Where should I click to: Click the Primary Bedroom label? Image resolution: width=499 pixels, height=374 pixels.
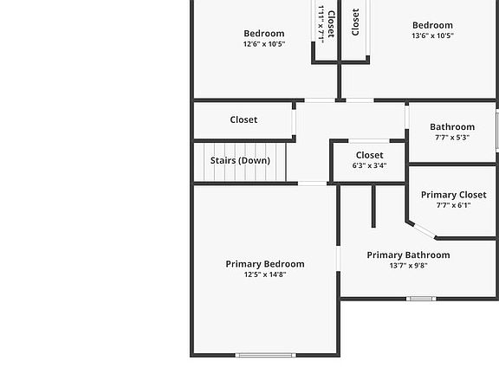(265, 264)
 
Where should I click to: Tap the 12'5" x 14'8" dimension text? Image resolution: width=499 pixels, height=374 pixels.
(265, 274)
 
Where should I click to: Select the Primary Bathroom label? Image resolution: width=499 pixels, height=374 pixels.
(408, 255)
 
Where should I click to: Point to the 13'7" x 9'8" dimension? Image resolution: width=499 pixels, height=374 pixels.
(408, 266)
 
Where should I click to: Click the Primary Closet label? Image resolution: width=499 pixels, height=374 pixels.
(453, 195)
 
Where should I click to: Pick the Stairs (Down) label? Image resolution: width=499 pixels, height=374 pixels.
(240, 161)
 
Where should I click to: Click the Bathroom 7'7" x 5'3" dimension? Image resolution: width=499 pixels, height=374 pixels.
(452, 138)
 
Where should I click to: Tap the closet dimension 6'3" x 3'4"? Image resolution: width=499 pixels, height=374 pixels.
(369, 165)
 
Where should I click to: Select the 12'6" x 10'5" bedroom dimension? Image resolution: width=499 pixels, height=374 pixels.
(264, 44)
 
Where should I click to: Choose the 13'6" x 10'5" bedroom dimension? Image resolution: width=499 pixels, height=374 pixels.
(432, 35)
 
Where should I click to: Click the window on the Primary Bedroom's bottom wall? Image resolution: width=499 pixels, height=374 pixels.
(265, 355)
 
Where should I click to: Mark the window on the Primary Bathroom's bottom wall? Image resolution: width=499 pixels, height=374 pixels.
(421, 299)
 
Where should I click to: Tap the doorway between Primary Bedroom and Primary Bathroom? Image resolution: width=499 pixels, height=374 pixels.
(338, 259)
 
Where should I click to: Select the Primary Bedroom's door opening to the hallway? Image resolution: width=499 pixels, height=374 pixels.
(312, 184)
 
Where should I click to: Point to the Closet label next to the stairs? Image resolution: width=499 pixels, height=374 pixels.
(243, 119)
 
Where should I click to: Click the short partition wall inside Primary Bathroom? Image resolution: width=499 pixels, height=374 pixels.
(373, 206)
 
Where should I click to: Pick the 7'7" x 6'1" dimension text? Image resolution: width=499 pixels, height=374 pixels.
(453, 205)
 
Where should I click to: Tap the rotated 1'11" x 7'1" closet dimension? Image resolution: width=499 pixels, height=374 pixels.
(321, 24)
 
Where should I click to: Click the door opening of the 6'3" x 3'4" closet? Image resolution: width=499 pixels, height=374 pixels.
(369, 141)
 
